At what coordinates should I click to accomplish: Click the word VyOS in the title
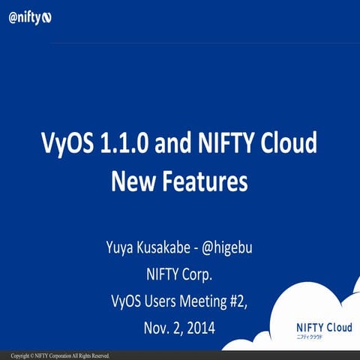tap(66, 144)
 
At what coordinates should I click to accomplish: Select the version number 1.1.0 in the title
tap(122, 144)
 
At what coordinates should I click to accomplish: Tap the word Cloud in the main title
tap(289, 144)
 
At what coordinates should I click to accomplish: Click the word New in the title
tap(130, 181)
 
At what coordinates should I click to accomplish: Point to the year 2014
tap(201, 328)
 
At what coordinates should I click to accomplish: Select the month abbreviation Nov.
tap(155, 328)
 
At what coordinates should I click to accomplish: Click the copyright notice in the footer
tap(61, 355)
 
